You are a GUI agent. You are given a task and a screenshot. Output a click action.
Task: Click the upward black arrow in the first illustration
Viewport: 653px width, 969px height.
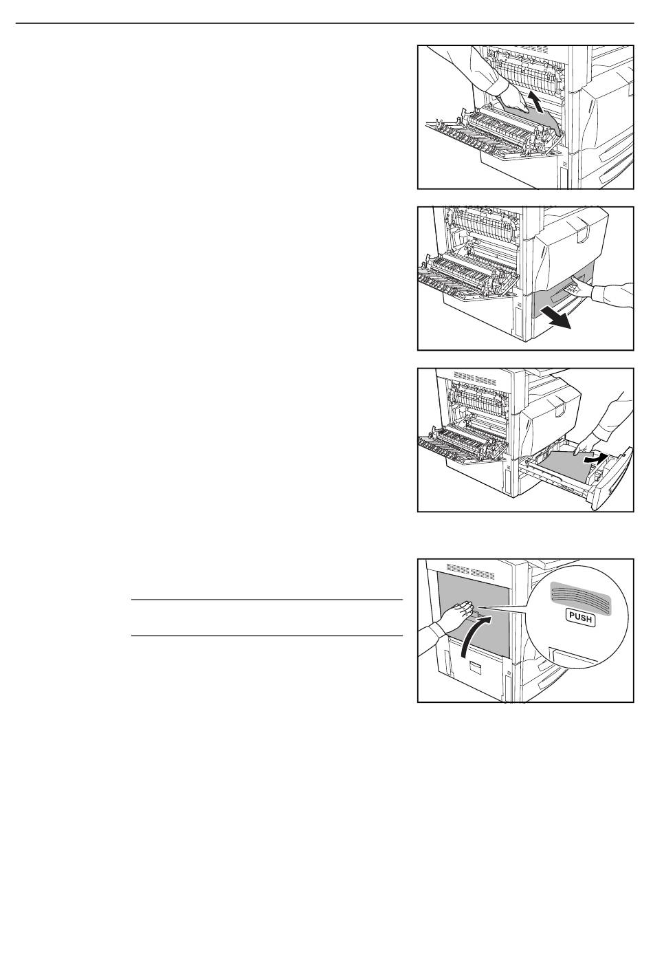[x=535, y=105]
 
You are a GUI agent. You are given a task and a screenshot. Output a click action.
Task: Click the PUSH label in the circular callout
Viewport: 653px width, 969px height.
[x=580, y=618]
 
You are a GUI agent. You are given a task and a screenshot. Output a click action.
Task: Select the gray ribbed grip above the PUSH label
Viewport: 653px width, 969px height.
[x=580, y=596]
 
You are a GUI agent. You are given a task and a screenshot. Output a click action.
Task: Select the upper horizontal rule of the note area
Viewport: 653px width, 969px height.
[x=267, y=600]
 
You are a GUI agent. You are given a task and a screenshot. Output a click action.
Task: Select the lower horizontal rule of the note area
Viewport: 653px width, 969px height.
[x=267, y=636]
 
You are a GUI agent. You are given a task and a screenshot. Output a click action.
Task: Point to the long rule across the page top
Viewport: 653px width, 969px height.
[x=324, y=23]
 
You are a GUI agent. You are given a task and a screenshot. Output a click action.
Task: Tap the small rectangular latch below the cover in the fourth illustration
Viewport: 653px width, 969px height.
[x=474, y=668]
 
